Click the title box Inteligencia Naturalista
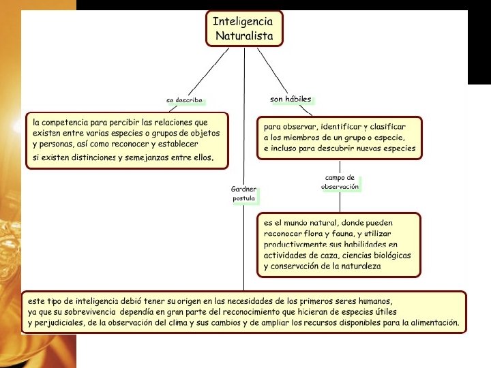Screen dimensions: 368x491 [244, 28]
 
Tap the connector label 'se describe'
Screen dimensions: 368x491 [184, 100]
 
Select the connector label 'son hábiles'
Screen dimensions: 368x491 [291, 99]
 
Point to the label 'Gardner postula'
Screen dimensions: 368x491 [243, 194]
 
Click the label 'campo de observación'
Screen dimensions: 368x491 [340, 182]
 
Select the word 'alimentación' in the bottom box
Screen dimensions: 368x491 [430, 323]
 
